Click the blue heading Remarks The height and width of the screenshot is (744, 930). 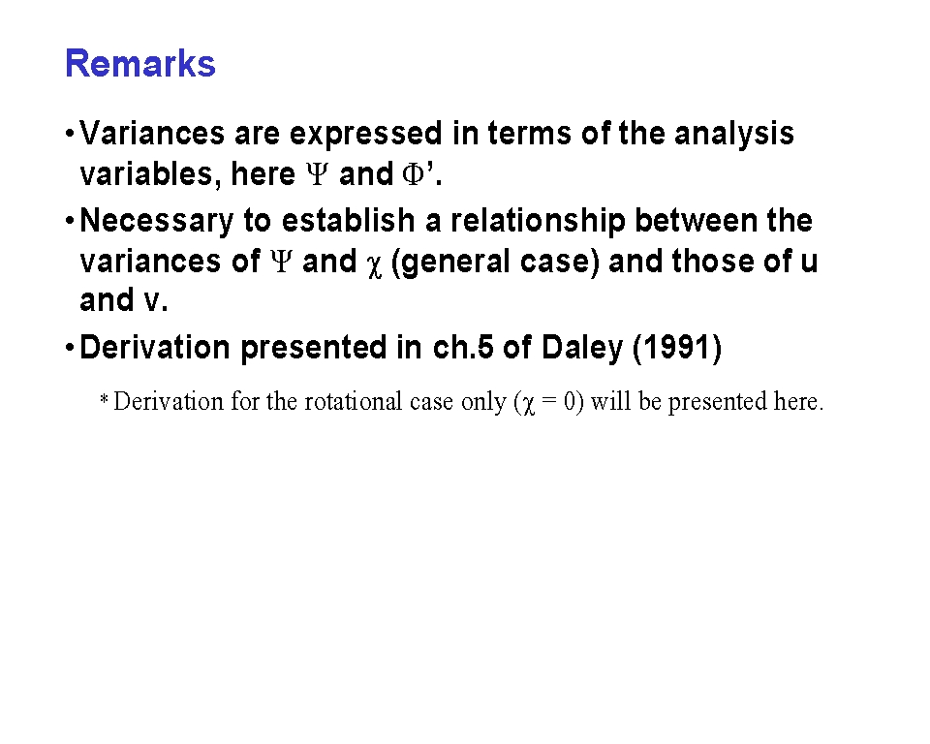click(x=139, y=64)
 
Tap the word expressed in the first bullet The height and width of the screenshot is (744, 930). click(x=365, y=134)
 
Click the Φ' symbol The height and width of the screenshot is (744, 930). click(x=419, y=173)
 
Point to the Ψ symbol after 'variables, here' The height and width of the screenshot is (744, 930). click(x=318, y=173)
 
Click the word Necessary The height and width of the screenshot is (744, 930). click(x=157, y=221)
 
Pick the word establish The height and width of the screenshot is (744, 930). click(x=348, y=220)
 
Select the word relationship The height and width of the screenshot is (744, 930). click(x=538, y=221)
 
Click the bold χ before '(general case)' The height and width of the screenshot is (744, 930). click(x=374, y=264)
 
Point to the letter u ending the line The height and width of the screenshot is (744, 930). click(x=809, y=263)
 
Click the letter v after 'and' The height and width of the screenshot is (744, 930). click(x=152, y=301)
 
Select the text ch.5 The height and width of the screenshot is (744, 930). click(x=463, y=347)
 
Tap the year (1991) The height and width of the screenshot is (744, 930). click(x=677, y=348)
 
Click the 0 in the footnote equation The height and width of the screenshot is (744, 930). click(x=570, y=402)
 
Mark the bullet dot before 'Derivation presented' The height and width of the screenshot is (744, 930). click(x=70, y=348)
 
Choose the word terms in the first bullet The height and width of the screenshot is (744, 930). click(x=530, y=134)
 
